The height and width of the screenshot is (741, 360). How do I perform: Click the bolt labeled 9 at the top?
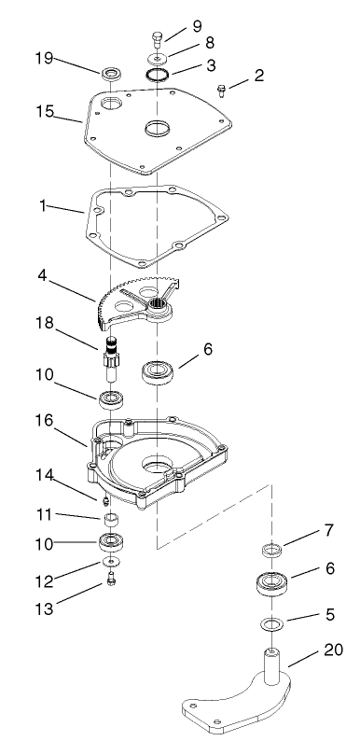pos(156,39)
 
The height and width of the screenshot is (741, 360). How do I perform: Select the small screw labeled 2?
pos(220,90)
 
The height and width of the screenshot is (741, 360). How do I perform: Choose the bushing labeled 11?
pos(110,518)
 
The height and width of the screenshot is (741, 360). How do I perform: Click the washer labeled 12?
pos(111,565)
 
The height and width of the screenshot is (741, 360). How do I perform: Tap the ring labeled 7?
pos(271,549)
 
